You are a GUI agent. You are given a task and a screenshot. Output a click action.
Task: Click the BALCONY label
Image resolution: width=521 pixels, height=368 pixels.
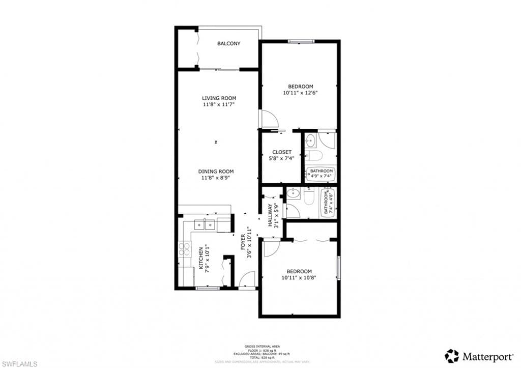click(x=228, y=44)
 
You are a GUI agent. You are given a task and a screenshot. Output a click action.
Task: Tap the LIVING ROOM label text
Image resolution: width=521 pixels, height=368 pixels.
click(x=219, y=98)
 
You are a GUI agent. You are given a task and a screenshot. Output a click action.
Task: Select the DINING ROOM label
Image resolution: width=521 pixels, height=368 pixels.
click(x=216, y=172)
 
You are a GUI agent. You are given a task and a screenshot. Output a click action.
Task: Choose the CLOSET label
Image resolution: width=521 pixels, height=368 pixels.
click(x=281, y=152)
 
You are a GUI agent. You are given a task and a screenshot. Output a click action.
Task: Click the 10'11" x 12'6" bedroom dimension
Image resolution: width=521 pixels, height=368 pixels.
click(x=300, y=93)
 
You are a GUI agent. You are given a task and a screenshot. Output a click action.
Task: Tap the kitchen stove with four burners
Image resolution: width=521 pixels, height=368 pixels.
click(x=184, y=249)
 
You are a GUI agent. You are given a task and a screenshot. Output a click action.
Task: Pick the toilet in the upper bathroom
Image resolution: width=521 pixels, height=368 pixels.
click(x=313, y=155)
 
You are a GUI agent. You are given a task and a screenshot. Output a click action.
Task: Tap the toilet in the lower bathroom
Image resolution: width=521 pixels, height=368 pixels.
click(x=309, y=196)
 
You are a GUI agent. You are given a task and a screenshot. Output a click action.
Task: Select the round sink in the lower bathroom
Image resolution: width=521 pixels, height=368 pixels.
click(x=292, y=193)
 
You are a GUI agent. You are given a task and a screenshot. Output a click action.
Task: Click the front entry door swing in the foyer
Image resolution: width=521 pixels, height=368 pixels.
click(x=248, y=280)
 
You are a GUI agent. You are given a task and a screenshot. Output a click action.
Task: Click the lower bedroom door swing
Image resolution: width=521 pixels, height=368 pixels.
click(x=271, y=247)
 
